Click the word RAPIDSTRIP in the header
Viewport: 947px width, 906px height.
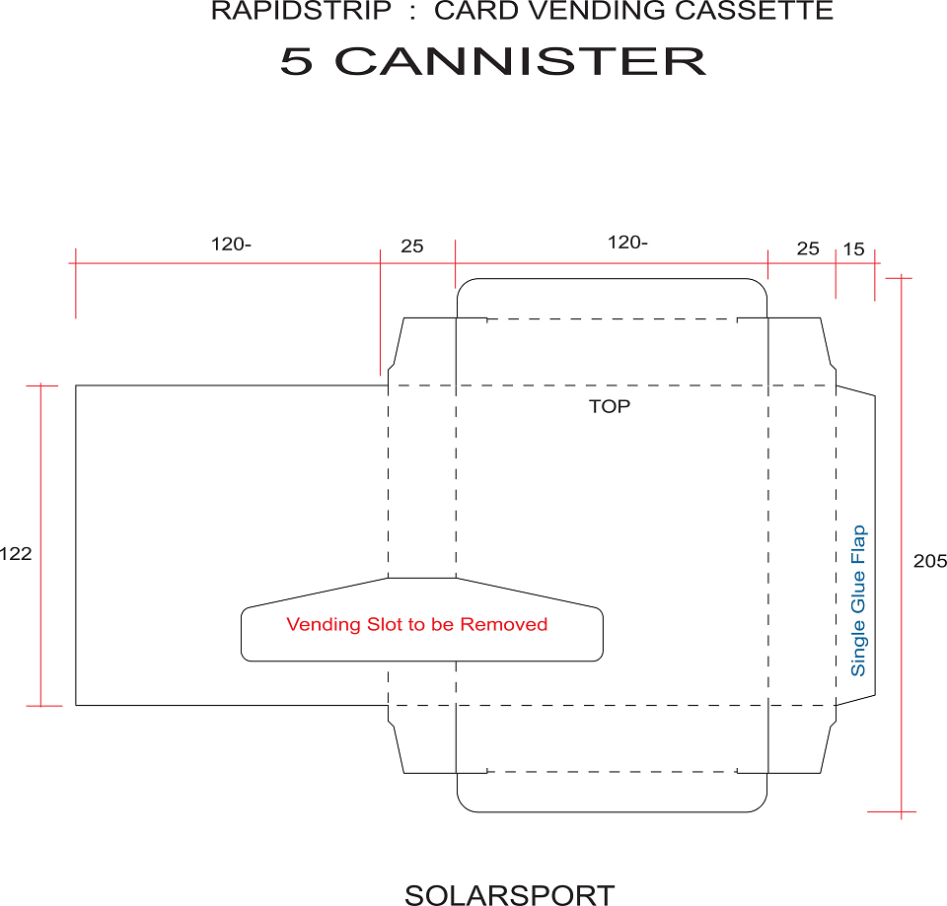coord(302,11)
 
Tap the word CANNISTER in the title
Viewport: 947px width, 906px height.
coord(520,61)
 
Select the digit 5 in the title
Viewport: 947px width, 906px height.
coord(297,61)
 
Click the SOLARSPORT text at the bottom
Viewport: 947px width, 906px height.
coord(510,895)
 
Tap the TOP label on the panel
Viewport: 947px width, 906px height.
coord(610,406)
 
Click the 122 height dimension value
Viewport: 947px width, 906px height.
coord(16,553)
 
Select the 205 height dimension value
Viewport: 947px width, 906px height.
coord(930,561)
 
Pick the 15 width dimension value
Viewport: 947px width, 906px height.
coord(853,248)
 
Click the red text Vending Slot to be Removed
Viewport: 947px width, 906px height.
coord(416,624)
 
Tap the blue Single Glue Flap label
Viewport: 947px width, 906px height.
coord(858,600)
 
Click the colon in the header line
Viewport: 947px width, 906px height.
coord(412,12)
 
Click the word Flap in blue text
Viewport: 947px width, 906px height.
coord(858,545)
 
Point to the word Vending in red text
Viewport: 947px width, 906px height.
coord(324,624)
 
